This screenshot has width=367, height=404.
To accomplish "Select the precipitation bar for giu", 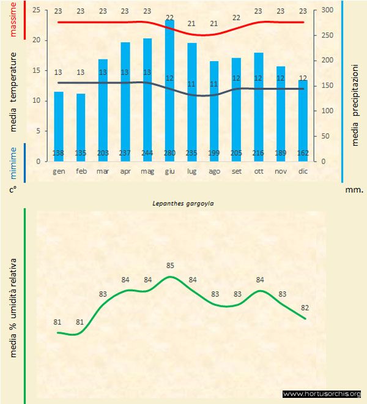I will click(169, 92).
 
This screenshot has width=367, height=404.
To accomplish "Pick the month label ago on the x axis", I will click(213, 171).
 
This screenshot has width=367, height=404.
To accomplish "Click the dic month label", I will click(303, 171).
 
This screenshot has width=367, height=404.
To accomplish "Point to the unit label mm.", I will click(354, 190).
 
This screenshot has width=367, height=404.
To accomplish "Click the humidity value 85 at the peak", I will click(170, 266).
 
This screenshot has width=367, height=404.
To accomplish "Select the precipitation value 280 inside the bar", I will click(169, 152).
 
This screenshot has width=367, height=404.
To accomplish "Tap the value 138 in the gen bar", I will click(59, 152).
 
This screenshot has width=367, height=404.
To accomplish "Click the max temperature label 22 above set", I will click(236, 17).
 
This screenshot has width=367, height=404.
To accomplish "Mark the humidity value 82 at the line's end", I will click(305, 307).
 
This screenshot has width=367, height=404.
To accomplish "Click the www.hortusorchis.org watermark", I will click(322, 394).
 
